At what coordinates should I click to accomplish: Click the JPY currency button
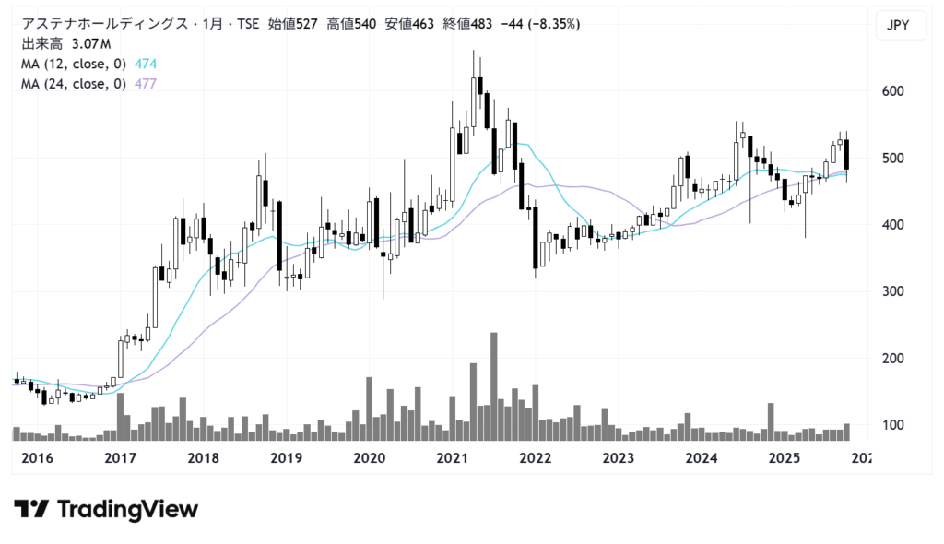coord(897,26)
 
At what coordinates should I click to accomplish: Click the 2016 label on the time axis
coord(37,458)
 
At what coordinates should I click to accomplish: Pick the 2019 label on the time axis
coord(286,458)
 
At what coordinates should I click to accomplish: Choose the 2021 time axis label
coord(452,458)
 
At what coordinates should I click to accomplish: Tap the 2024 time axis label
coord(702,458)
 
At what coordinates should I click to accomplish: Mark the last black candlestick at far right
coord(847,155)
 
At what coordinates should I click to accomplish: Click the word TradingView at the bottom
coord(127,509)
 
